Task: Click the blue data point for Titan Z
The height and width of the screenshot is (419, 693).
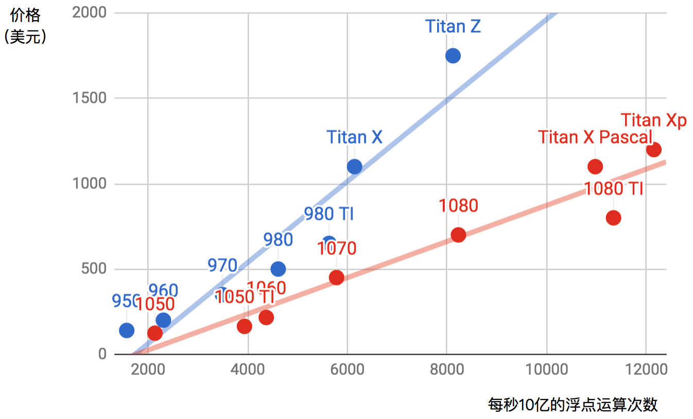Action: tap(453, 56)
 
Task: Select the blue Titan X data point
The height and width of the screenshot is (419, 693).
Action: tap(354, 166)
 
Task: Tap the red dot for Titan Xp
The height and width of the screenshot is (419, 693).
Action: tap(653, 150)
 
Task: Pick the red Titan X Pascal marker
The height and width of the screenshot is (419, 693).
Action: tap(595, 166)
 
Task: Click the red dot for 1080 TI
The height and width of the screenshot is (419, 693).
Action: tap(613, 218)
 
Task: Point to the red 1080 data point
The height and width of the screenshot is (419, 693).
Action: tap(458, 235)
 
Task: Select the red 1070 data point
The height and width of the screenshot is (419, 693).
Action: tap(336, 277)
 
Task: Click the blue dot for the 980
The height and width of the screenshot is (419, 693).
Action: tap(278, 269)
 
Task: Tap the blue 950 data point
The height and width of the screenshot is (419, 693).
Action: tap(127, 330)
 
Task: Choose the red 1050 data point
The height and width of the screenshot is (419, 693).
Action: tap(155, 333)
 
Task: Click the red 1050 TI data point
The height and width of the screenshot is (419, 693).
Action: tap(245, 326)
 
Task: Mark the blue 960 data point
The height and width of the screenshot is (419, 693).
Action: tap(163, 320)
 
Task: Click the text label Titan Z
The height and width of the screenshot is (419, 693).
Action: tap(453, 27)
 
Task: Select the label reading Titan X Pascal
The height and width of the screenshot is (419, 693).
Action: tap(595, 137)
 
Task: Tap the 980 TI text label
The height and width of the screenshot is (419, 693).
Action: tap(328, 214)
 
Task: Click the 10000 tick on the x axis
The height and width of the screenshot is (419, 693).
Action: tap(546, 369)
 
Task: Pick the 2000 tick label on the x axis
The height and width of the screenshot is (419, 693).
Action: tap(148, 369)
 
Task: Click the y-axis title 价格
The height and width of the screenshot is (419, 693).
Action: tap(25, 15)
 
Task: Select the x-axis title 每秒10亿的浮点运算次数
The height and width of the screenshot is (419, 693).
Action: tap(573, 405)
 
